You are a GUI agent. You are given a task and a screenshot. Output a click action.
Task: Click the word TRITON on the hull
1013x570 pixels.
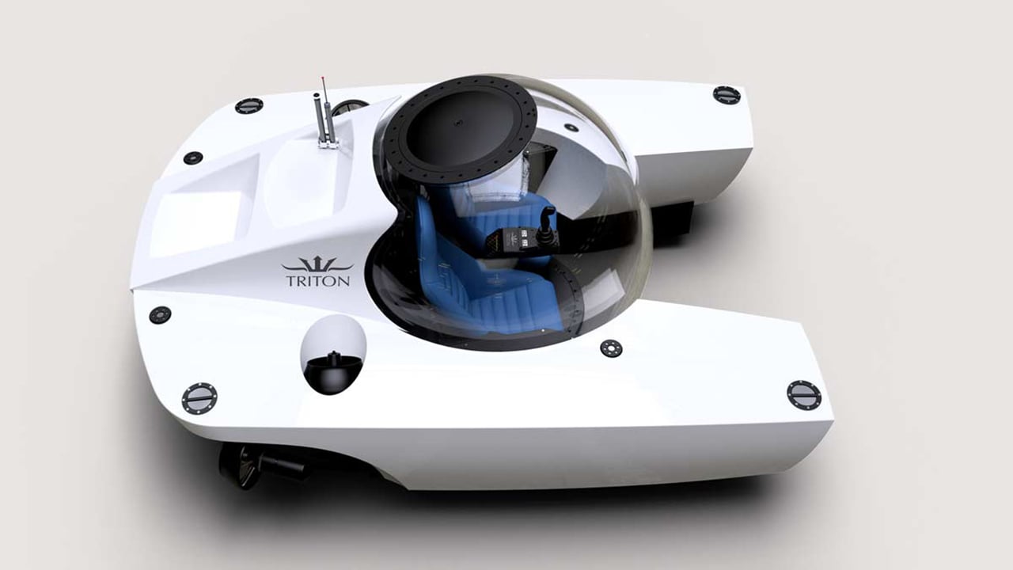318,280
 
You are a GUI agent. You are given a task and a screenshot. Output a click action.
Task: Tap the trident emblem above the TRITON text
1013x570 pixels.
317,264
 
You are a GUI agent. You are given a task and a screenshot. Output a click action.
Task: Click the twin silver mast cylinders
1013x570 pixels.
324,118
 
